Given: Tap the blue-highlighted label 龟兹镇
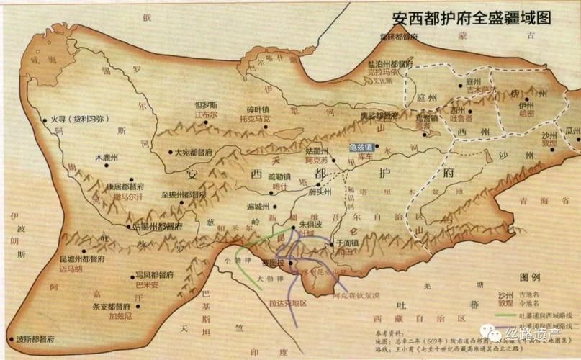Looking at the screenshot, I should (361, 147).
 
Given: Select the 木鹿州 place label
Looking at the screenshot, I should (108, 156).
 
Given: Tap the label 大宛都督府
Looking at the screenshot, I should (194, 153).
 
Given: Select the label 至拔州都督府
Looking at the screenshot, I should (184, 194).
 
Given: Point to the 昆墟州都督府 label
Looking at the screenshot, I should (78, 257).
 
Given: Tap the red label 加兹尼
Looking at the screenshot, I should (122, 315).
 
